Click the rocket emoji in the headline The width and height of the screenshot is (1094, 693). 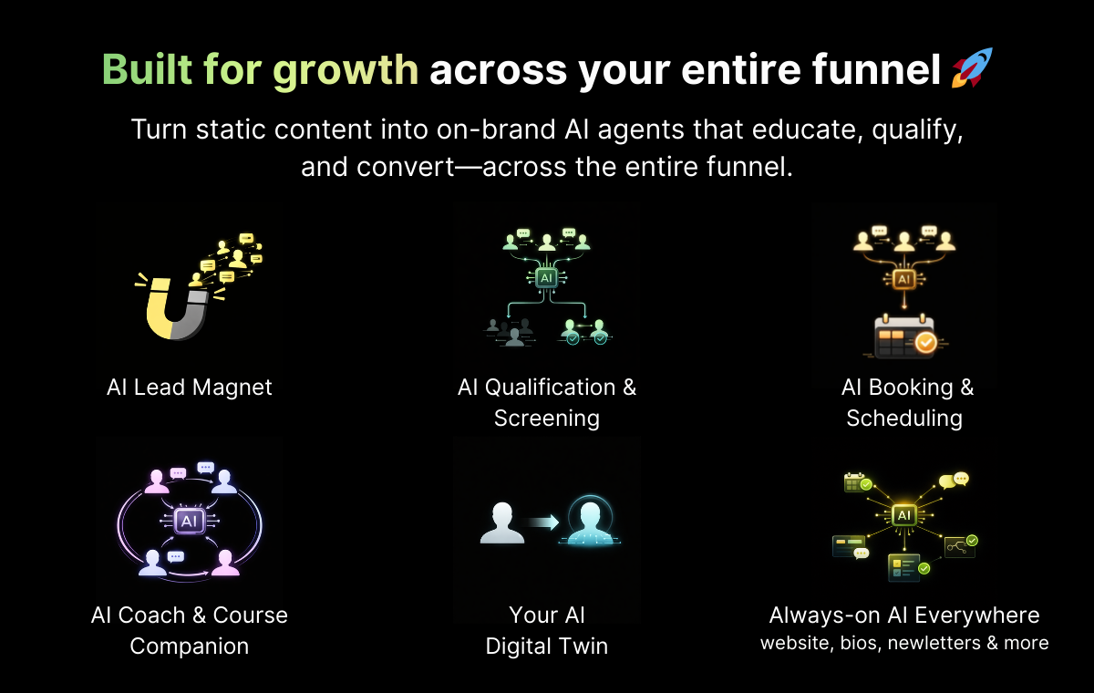[972, 69]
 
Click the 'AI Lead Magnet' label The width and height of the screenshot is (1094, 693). [190, 388]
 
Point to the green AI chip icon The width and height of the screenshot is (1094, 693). [546, 277]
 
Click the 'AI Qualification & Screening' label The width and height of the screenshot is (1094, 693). [547, 402]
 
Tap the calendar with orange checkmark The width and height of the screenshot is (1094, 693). [904, 336]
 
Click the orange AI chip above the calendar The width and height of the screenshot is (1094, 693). [903, 278]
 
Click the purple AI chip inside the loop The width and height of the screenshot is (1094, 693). [190, 521]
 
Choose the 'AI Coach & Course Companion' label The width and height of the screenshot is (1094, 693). [190, 630]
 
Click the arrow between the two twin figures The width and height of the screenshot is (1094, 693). [543, 522]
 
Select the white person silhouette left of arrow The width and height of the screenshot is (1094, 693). [502, 523]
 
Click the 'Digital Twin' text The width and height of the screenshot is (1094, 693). [547, 646]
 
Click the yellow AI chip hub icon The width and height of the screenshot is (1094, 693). [903, 515]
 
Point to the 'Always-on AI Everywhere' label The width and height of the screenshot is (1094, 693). [904, 615]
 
